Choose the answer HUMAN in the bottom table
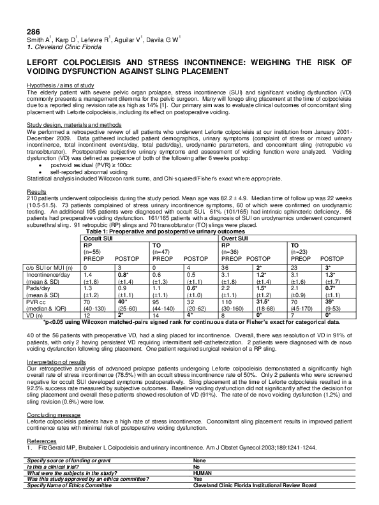point(204,472)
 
